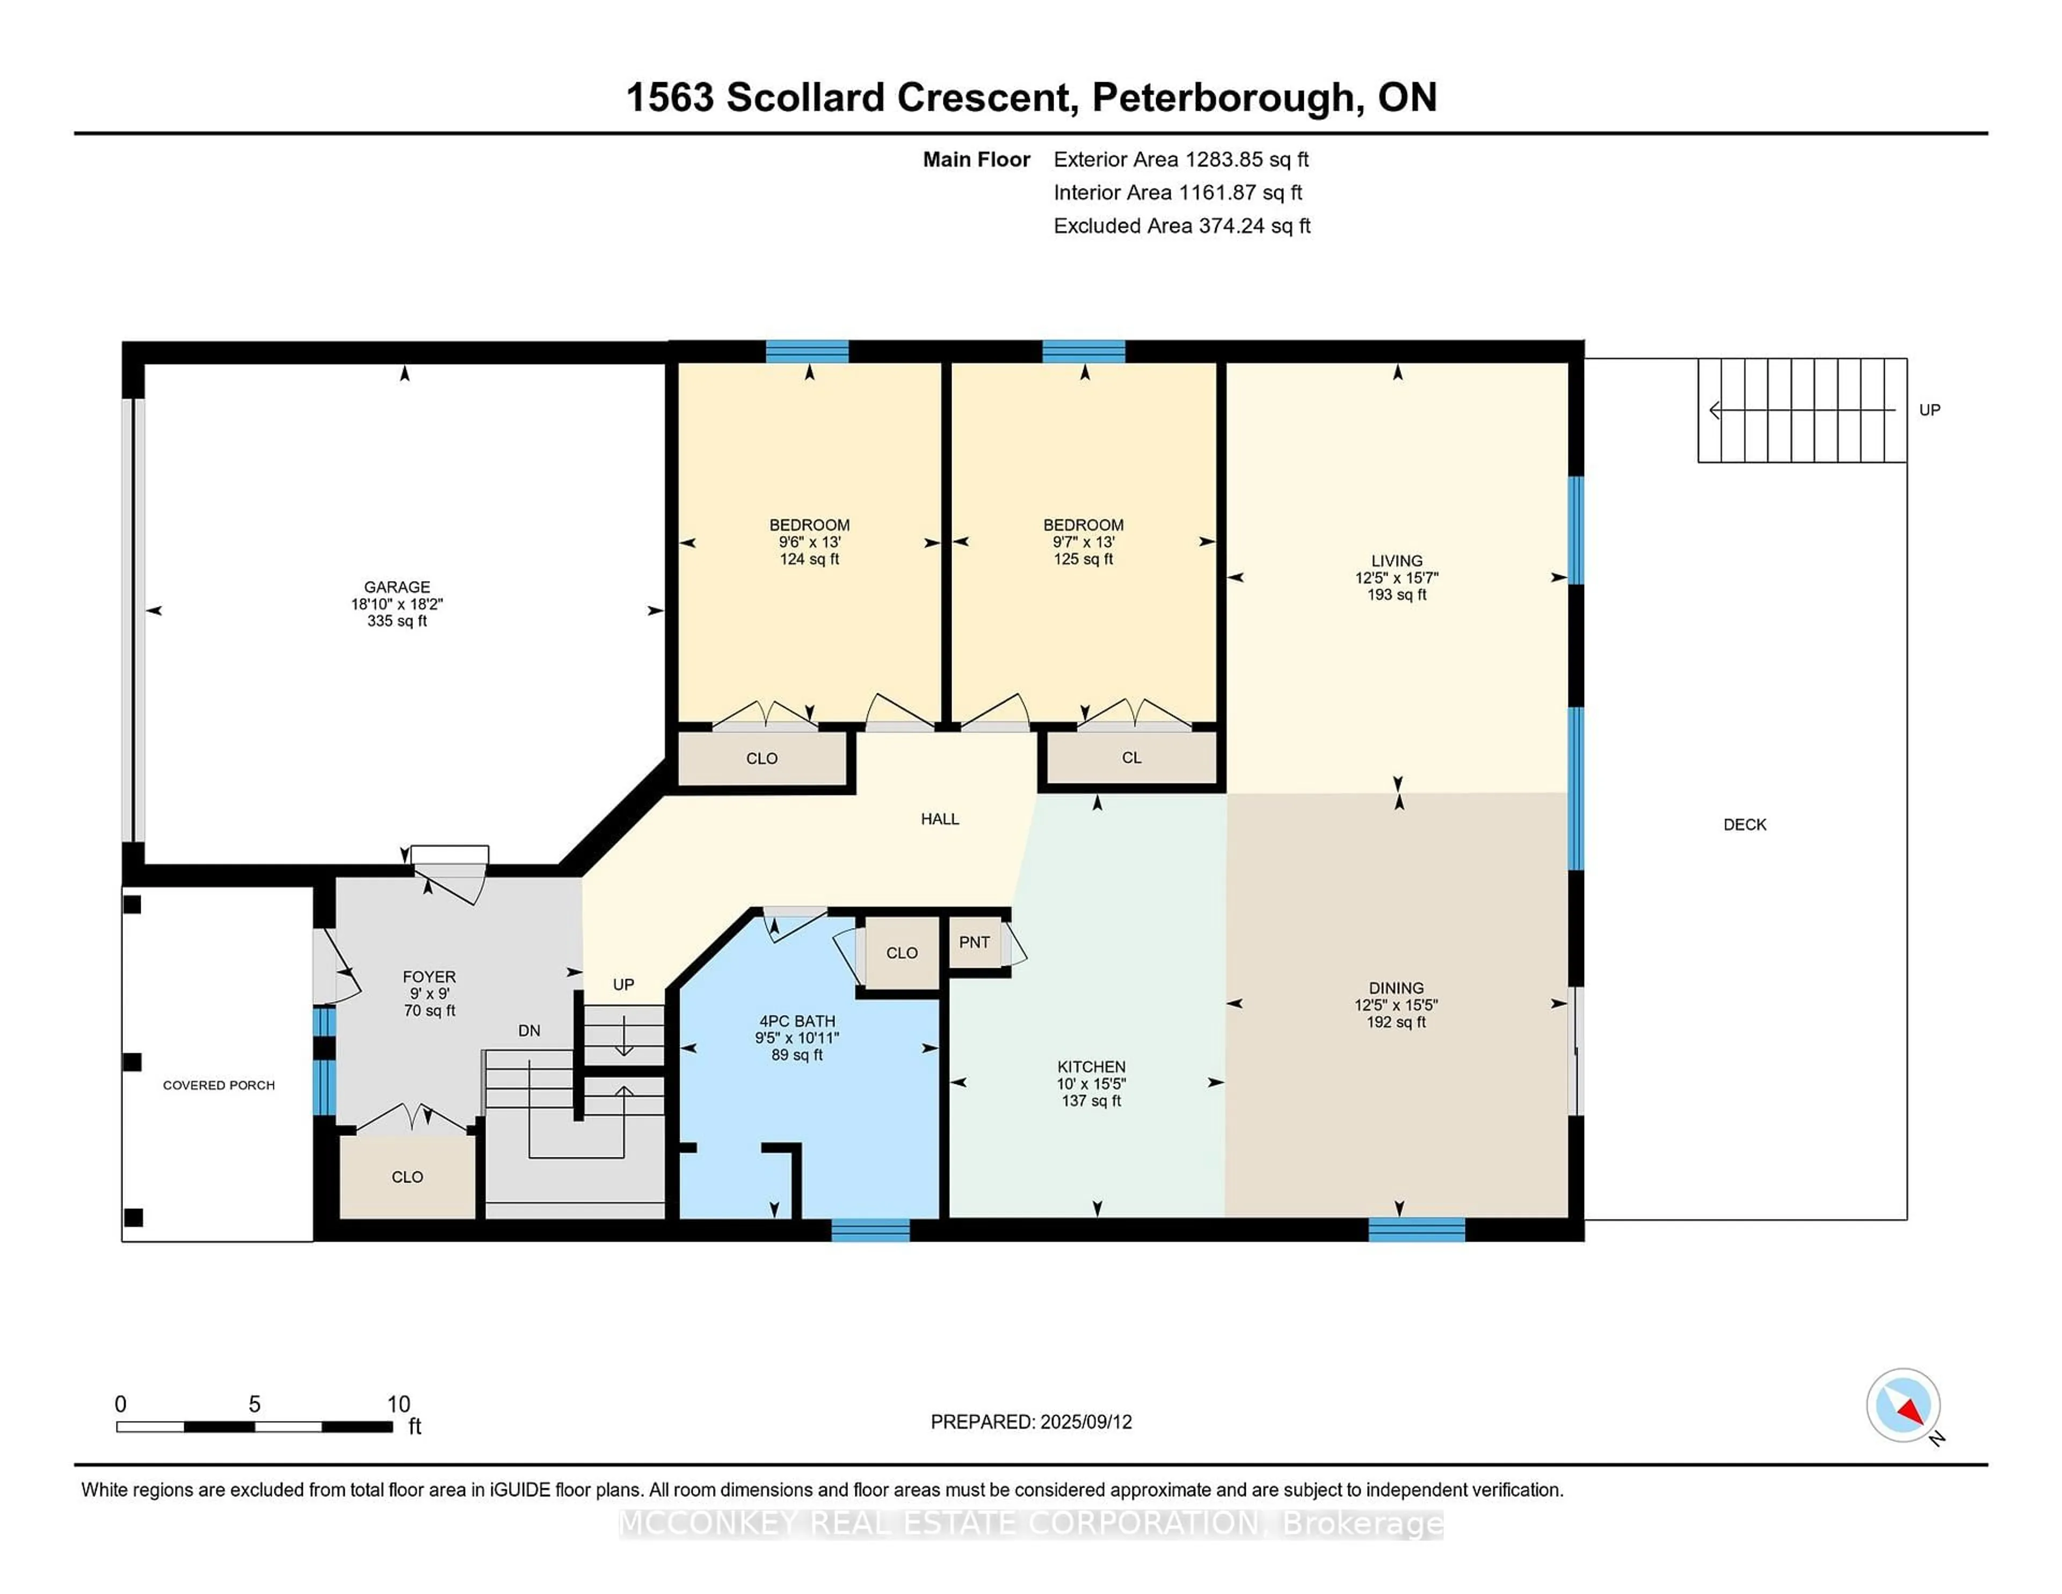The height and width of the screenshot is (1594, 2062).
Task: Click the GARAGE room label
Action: [396, 586]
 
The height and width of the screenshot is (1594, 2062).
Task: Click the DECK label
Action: [1744, 824]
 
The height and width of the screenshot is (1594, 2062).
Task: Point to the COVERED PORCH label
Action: [218, 1085]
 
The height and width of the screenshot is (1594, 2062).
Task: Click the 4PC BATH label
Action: [797, 1021]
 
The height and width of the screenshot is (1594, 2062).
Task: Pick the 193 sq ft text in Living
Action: [1396, 595]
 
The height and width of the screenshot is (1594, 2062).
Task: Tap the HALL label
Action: [939, 818]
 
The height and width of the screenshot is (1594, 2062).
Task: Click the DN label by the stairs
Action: [529, 1030]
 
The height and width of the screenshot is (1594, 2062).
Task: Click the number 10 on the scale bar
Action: [398, 1404]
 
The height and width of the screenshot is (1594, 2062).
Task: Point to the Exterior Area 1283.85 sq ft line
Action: [1180, 160]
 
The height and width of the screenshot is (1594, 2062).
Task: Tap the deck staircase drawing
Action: [1802, 410]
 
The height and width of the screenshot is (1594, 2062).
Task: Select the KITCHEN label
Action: [1091, 1066]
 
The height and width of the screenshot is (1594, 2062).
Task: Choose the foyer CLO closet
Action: [407, 1177]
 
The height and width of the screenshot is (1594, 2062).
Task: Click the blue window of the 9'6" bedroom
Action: [807, 351]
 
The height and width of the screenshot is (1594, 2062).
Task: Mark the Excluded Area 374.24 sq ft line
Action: [1181, 226]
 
